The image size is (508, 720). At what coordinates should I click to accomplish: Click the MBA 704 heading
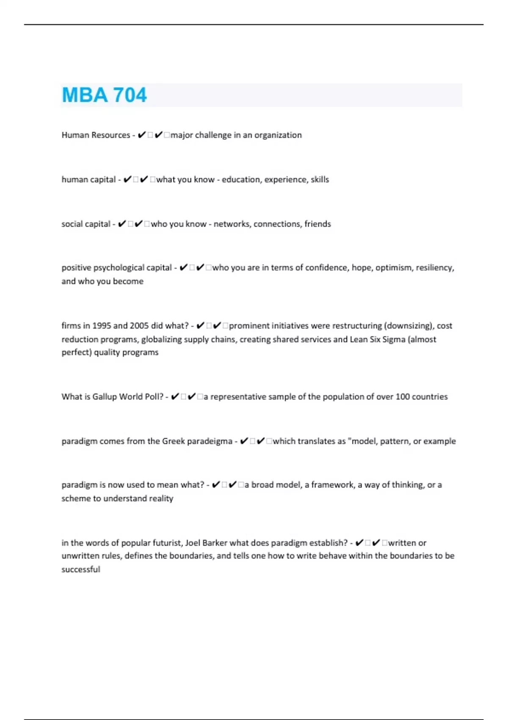click(x=104, y=95)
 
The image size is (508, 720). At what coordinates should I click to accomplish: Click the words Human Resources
click(x=96, y=135)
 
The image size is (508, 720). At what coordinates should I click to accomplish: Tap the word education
click(x=241, y=180)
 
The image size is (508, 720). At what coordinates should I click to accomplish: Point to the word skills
click(x=320, y=180)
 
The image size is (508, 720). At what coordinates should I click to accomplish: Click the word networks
click(x=232, y=224)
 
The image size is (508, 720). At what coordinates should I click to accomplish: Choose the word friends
click(x=317, y=224)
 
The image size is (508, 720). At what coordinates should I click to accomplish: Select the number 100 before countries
click(x=403, y=397)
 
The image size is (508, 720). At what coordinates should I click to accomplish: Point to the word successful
click(x=81, y=570)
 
